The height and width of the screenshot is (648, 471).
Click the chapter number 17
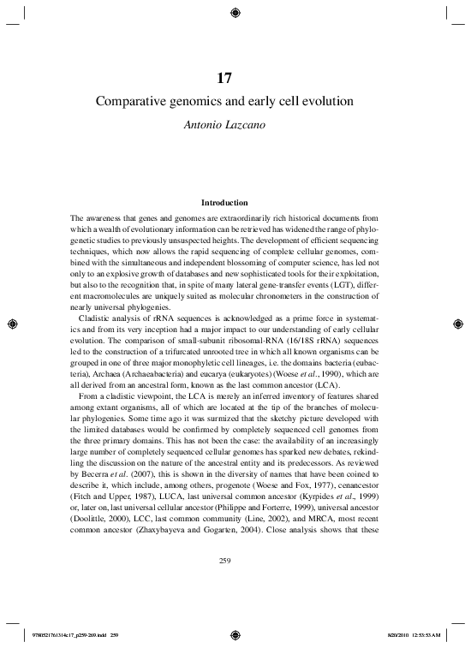[235, 76]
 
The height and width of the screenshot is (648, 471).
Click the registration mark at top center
[235, 12]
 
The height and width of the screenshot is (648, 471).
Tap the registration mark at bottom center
[235, 636]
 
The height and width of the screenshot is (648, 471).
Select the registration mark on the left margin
[12, 324]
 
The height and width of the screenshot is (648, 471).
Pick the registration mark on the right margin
[458, 324]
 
